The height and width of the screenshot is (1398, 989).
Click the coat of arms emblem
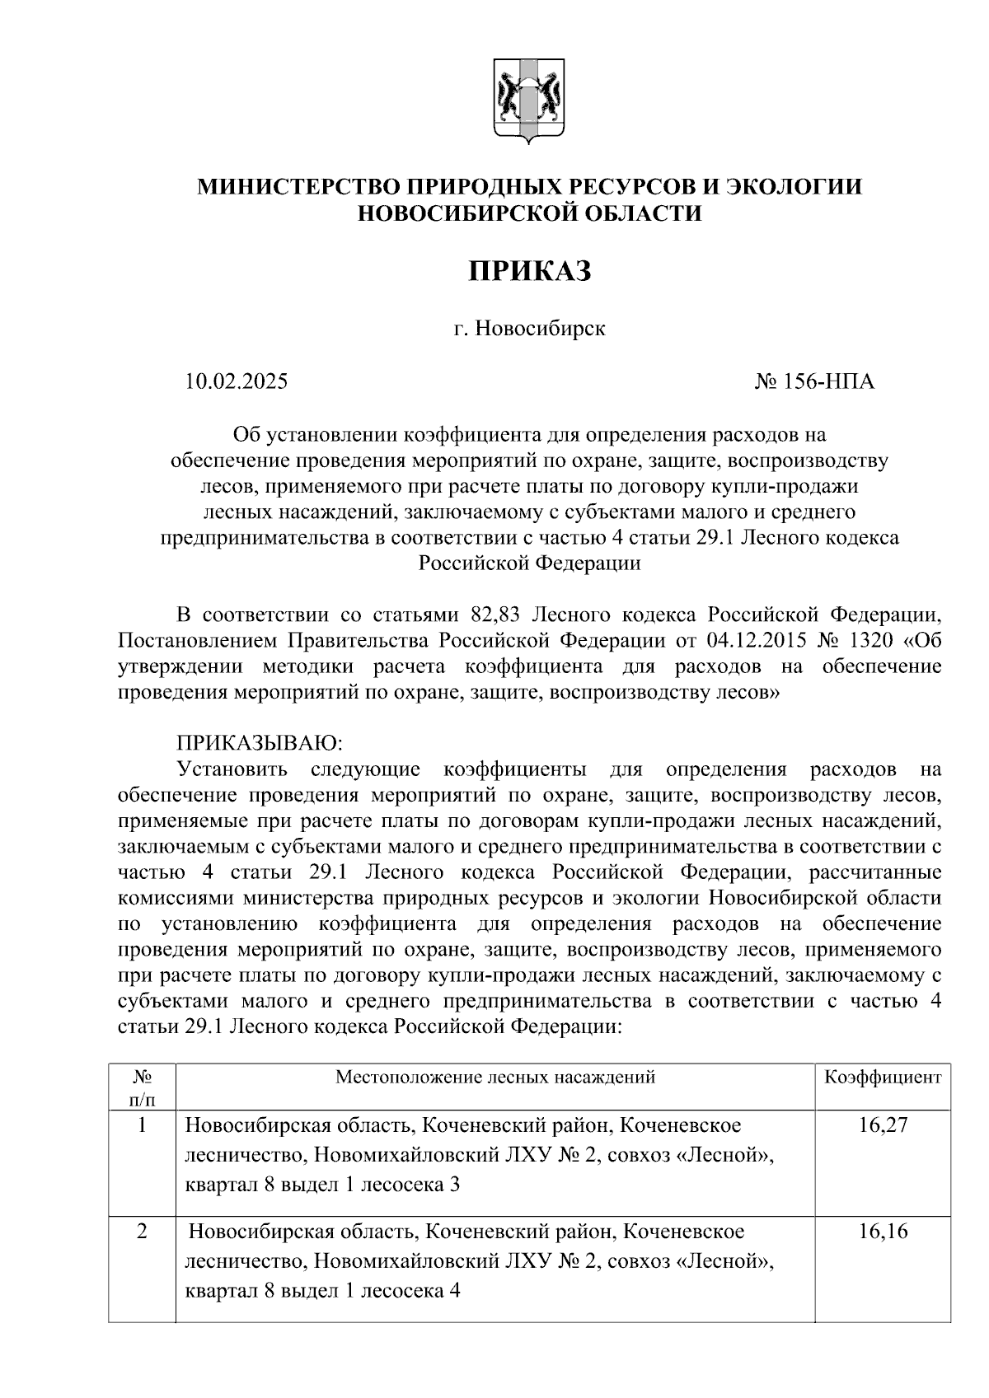tap(529, 101)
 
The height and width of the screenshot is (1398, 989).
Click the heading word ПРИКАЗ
tap(530, 270)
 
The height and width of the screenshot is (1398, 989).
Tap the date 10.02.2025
tap(237, 382)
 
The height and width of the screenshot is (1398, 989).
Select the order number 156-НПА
tap(826, 382)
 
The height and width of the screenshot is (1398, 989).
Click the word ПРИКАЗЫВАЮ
tap(260, 743)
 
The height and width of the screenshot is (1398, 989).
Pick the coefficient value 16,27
tap(882, 1125)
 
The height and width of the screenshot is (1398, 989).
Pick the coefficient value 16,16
tap(882, 1232)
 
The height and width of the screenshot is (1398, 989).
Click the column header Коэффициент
tap(883, 1078)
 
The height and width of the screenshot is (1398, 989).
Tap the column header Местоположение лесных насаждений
tap(494, 1078)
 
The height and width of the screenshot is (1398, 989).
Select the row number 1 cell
tap(142, 1125)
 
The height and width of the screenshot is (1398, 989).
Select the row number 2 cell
tap(142, 1232)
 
